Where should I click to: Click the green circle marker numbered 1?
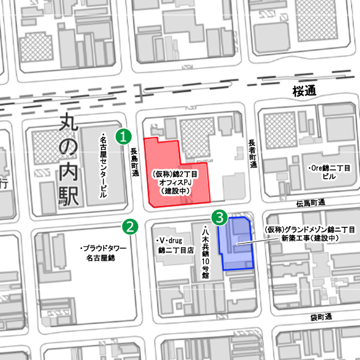[124, 136]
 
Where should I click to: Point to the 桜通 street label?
[304, 91]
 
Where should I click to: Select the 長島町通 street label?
[135, 163]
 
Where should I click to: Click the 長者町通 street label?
[253, 154]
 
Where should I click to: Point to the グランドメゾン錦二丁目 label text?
[310, 234]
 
